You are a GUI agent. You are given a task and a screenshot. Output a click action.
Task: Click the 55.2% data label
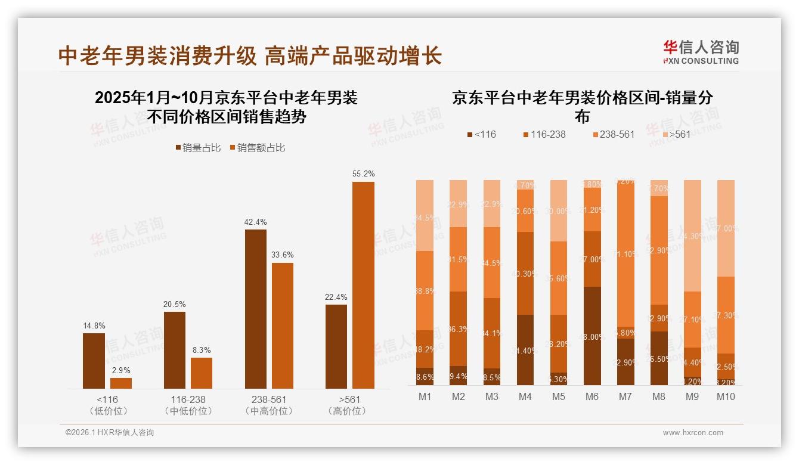pos(363,173)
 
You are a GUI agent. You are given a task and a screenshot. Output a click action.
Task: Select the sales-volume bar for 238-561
pos(256,309)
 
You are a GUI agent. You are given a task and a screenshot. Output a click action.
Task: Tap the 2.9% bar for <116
pos(121,383)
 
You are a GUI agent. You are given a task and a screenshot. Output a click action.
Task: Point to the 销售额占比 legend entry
pos(257,148)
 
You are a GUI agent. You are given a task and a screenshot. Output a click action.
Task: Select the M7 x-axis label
pos(625,396)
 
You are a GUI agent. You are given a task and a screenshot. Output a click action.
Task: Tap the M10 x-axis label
pos(726,396)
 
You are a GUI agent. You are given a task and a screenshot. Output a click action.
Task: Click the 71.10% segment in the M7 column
pos(625,255)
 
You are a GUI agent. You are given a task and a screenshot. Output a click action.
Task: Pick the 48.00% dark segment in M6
pos(591,336)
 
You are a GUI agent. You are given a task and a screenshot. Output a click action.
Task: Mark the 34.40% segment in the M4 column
pos(525,350)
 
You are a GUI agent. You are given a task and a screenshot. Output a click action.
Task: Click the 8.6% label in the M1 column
pos(425,377)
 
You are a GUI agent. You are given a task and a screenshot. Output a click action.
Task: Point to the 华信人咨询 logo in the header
pos(701,52)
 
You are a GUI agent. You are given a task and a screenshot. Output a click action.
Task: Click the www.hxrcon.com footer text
pos(693,433)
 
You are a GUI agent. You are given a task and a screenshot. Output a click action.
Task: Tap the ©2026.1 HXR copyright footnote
pos(110,433)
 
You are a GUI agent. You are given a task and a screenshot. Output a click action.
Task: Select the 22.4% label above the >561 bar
pos(336,297)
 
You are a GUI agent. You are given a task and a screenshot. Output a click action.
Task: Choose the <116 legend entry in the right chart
pos(482,135)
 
